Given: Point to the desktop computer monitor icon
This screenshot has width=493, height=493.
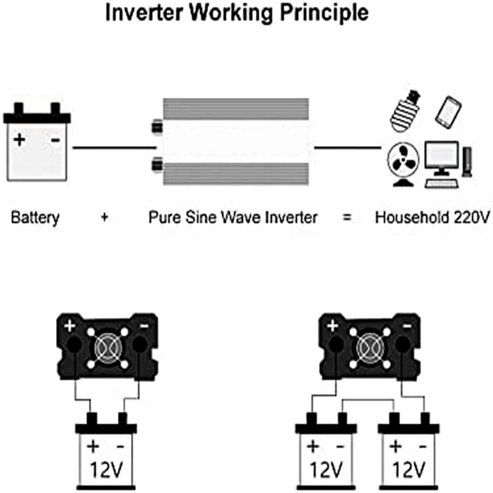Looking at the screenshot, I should [441, 159].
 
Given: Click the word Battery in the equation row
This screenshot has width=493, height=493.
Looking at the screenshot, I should [35, 217].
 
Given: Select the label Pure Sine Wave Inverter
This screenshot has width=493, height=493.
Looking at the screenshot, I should [233, 217].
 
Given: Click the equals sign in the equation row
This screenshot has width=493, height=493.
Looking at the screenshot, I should [348, 218].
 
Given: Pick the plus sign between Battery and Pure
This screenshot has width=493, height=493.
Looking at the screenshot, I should [105, 218].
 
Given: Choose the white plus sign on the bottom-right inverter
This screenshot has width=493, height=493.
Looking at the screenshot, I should [333, 325].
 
